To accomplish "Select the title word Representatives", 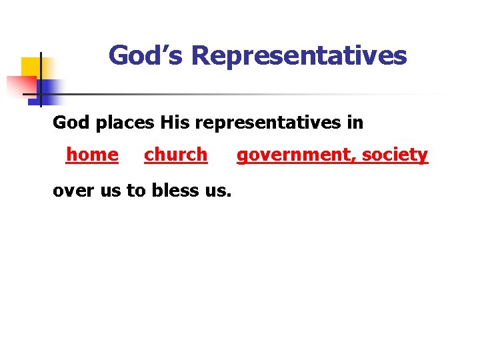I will (299, 55).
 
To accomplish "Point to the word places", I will (123, 123).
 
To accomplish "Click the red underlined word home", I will (92, 155).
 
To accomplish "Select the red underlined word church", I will (175, 155).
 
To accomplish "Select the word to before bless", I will (135, 191).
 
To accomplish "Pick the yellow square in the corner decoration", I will (29, 67).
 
